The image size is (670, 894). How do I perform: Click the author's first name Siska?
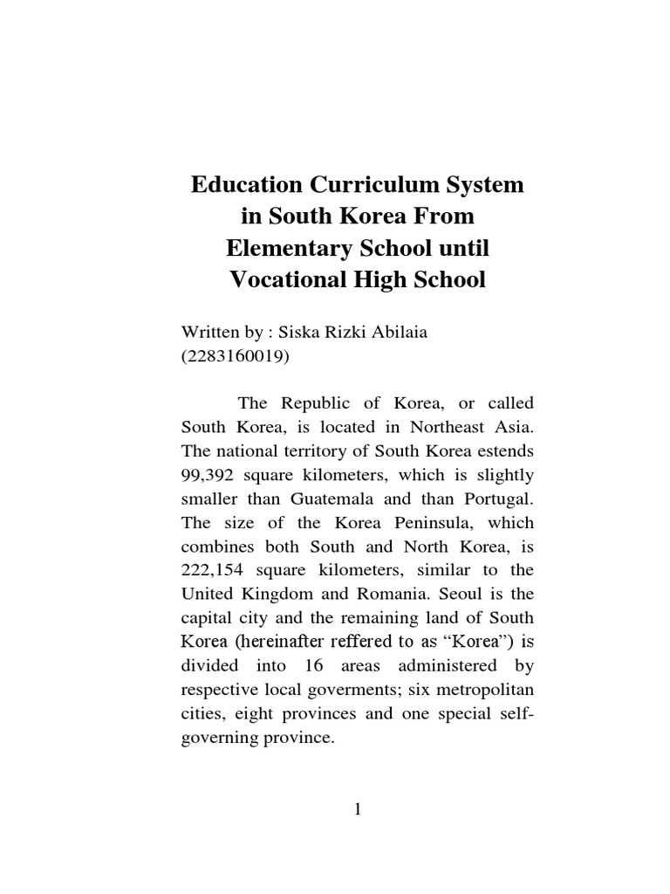pos(302,333)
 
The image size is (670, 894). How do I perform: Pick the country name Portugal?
pos(496,500)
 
